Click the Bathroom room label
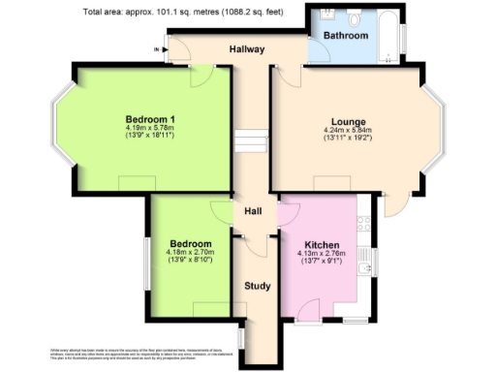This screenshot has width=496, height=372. pyautogui.click(x=346, y=36)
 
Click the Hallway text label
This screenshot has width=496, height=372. pyautogui.click(x=248, y=48)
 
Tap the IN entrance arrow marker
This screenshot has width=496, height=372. pyautogui.click(x=156, y=48)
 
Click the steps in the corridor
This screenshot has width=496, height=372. pyautogui.click(x=250, y=141)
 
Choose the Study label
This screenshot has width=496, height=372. pyautogui.click(x=257, y=286)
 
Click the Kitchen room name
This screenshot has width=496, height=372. pyautogui.click(x=322, y=245)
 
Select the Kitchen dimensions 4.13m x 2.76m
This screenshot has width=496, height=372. pyautogui.click(x=322, y=255)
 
